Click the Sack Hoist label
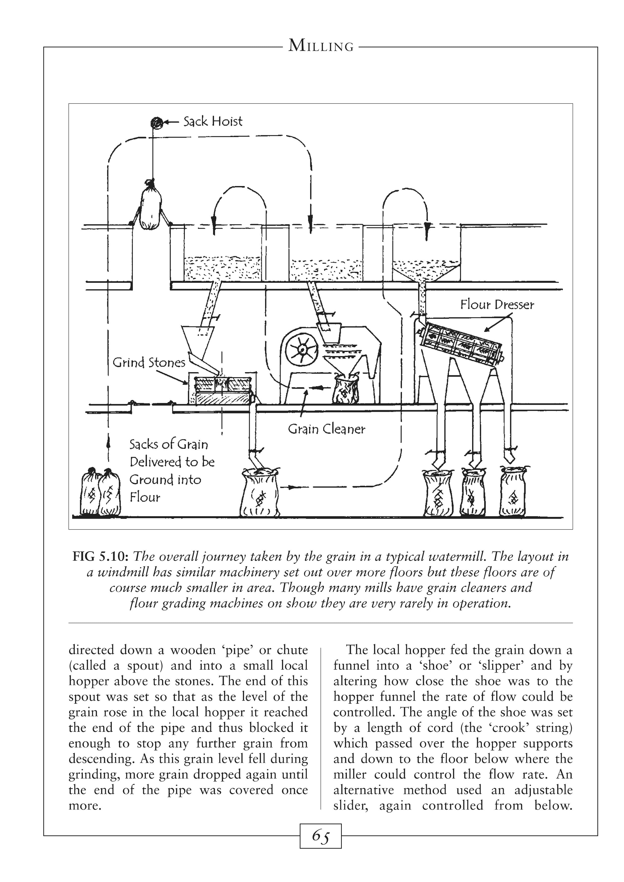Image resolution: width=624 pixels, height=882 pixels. pyautogui.click(x=213, y=122)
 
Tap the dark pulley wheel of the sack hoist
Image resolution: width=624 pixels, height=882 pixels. pyautogui.click(x=156, y=122)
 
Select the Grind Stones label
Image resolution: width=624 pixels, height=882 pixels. pyautogui.click(x=149, y=363)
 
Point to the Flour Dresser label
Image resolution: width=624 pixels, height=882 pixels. pyautogui.click(x=497, y=305)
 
